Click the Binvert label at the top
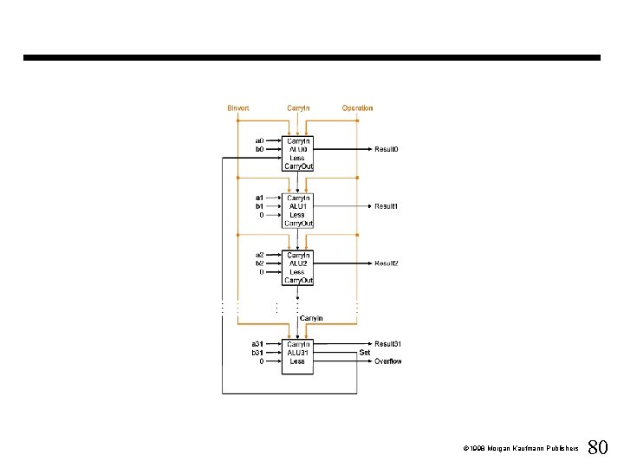point(238,108)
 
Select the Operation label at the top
point(357,108)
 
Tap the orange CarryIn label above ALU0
point(298,108)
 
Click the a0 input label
point(259,140)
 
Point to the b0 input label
point(259,149)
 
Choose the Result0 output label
point(387,149)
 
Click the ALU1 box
point(298,211)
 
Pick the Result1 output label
point(387,206)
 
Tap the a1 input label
point(259,198)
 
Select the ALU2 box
point(298,268)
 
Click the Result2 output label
point(387,263)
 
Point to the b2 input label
point(259,263)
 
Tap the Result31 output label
point(388,344)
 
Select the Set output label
point(365,353)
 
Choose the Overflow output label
point(388,361)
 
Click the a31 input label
point(257,344)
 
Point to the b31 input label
point(257,353)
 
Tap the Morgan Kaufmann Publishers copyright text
point(521,449)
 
